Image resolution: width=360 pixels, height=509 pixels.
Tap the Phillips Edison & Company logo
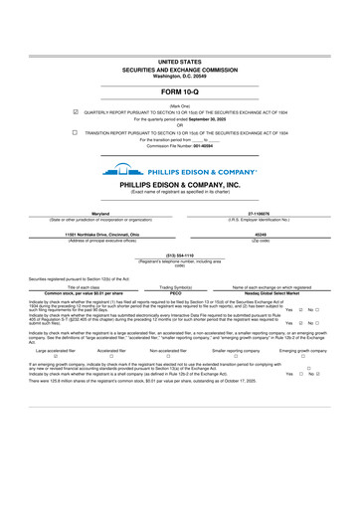tap(179, 170)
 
